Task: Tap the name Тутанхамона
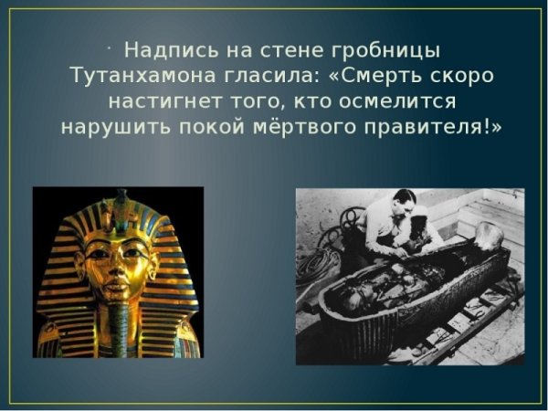coord(149,74)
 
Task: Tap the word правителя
coord(429,126)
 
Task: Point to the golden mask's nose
coord(114,268)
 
